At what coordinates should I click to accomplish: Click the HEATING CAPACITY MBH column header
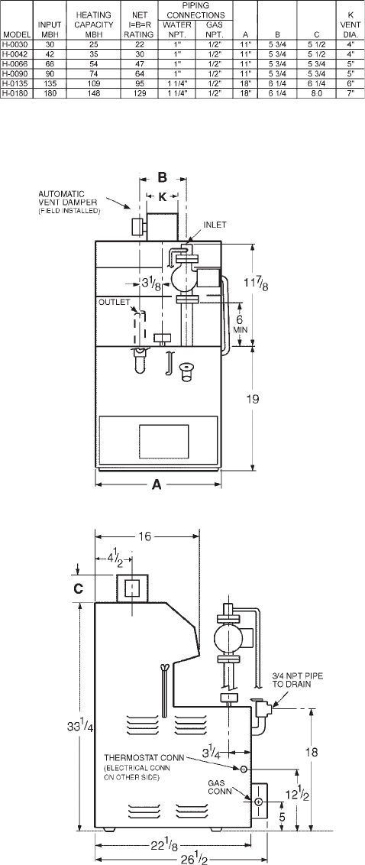[x=94, y=24]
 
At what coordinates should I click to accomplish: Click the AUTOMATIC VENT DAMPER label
[x=69, y=202]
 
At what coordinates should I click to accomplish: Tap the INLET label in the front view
[x=215, y=225]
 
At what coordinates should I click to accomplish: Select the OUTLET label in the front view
[x=114, y=302]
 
